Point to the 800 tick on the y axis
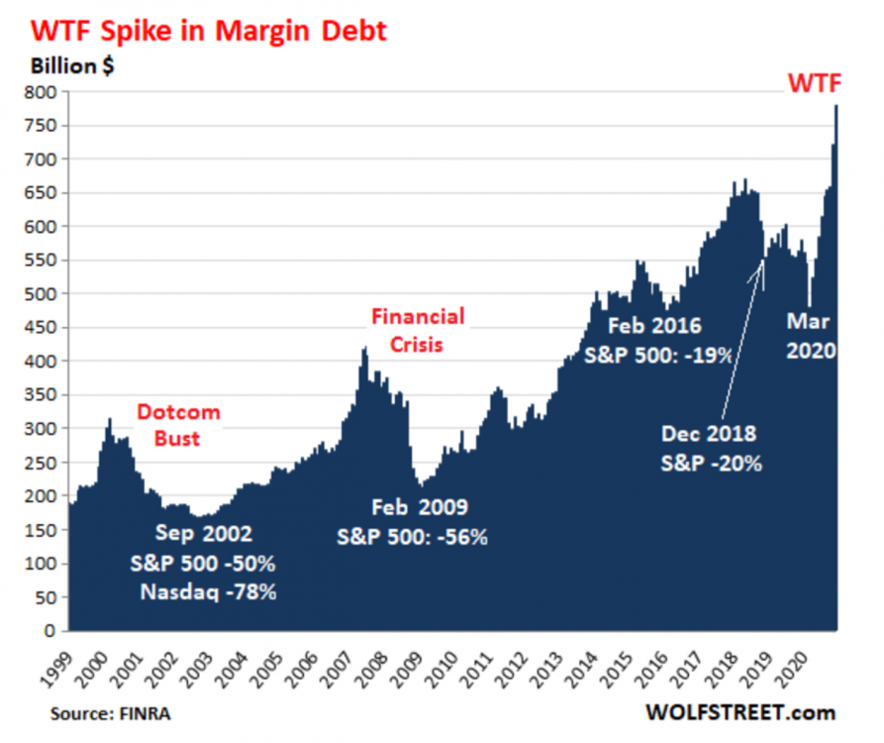(x=41, y=92)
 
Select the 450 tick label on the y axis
(x=41, y=328)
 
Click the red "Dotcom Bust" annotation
(x=178, y=424)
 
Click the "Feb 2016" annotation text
(x=653, y=325)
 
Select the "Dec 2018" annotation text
(x=709, y=433)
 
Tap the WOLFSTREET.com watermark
(x=739, y=712)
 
